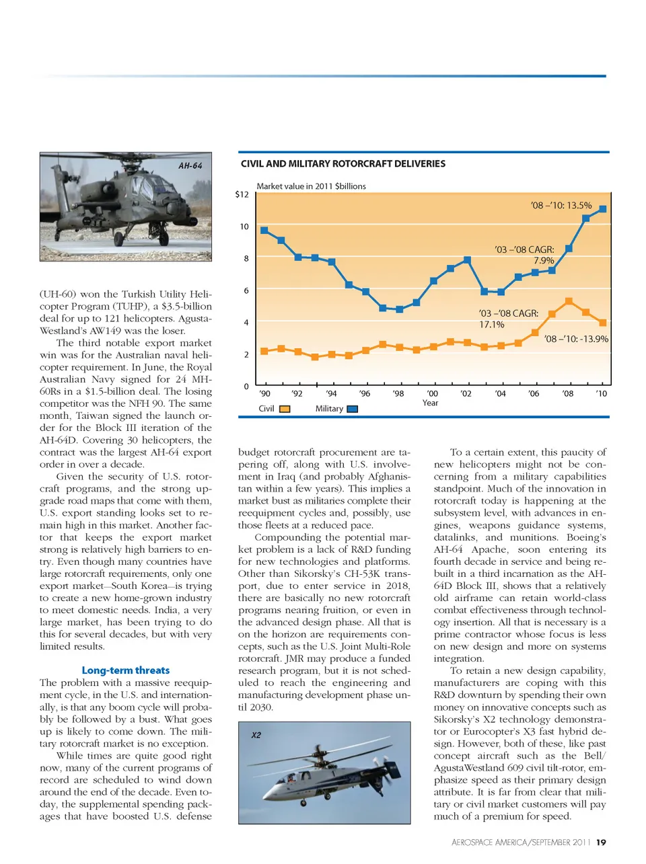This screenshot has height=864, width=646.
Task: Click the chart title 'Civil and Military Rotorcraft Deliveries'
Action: pyautogui.click(x=343, y=163)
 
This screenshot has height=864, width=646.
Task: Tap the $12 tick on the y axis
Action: pyautogui.click(x=242, y=194)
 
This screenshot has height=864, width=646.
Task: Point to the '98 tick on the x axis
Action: pyautogui.click(x=398, y=393)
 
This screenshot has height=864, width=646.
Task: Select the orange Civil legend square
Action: pyautogui.click(x=285, y=409)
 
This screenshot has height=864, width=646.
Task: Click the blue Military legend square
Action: pyautogui.click(x=352, y=409)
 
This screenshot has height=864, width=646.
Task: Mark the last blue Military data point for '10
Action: pyautogui.click(x=602, y=209)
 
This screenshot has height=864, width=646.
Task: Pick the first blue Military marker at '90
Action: pyautogui.click(x=264, y=230)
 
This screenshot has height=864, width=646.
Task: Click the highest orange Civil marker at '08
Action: pyautogui.click(x=569, y=301)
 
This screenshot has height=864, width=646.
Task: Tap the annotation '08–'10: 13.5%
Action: pyautogui.click(x=561, y=205)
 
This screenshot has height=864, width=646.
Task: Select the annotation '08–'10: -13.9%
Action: pyautogui.click(x=576, y=339)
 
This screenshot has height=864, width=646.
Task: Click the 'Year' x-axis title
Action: pyautogui.click(x=430, y=403)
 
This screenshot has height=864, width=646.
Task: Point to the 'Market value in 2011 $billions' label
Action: pyautogui.click(x=311, y=186)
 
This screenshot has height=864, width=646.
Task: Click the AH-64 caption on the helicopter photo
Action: pyautogui.click(x=190, y=165)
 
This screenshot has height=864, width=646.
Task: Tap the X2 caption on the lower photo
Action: pyautogui.click(x=256, y=735)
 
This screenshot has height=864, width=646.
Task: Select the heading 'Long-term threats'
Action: pyautogui.click(x=125, y=670)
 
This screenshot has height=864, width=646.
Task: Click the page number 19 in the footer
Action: pyautogui.click(x=601, y=842)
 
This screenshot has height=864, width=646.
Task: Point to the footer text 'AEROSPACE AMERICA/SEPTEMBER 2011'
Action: pyautogui.click(x=521, y=842)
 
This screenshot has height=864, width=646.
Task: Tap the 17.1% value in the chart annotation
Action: pyautogui.click(x=491, y=324)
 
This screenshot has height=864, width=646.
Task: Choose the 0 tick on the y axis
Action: pyautogui.click(x=246, y=387)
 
